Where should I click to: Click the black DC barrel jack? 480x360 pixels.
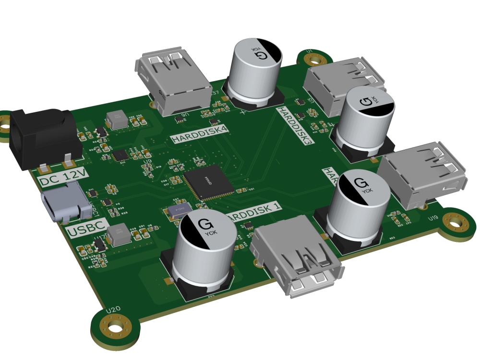point(43,137)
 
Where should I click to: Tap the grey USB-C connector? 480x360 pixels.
point(62,204)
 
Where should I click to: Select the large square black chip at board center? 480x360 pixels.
point(208,182)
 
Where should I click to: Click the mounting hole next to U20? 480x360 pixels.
point(116,330)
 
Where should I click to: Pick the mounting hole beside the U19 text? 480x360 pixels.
point(454,222)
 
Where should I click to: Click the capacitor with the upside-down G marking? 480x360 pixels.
point(254,70)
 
